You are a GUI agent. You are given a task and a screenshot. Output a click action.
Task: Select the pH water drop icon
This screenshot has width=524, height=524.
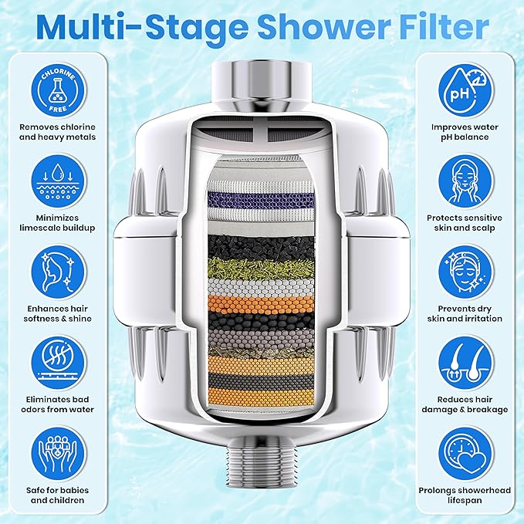(x=464, y=87)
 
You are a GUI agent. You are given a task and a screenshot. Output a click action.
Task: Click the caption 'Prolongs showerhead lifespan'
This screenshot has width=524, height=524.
(x=464, y=495)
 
